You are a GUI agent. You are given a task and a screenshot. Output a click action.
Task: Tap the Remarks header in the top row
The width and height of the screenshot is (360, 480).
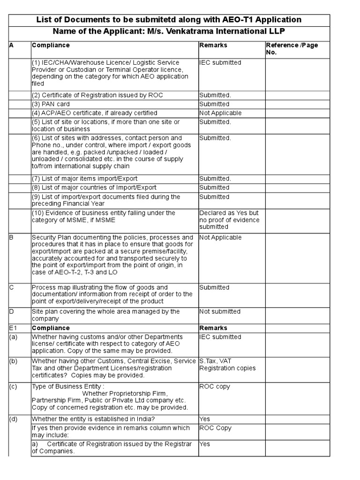point(213,45)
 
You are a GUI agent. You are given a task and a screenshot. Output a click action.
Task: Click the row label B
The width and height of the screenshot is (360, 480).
point(11,238)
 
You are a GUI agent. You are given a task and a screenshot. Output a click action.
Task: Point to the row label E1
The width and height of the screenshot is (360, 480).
point(13,328)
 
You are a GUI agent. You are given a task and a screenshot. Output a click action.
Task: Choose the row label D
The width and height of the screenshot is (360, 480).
point(11,312)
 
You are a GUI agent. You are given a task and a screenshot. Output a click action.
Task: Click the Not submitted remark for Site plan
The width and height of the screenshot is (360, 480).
point(220,312)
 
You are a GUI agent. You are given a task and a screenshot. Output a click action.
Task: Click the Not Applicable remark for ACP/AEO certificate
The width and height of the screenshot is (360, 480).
point(220,113)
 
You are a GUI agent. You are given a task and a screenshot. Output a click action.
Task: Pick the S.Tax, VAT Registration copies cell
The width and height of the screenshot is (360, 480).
point(227,365)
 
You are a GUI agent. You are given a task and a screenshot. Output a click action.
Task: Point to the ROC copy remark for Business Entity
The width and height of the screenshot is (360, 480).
point(215,387)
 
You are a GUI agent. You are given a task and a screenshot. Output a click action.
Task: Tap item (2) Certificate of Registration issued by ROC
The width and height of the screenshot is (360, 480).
point(97,95)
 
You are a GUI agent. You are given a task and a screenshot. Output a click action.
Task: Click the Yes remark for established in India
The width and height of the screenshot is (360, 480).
point(205,419)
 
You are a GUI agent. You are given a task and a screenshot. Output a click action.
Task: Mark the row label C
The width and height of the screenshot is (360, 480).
point(11,287)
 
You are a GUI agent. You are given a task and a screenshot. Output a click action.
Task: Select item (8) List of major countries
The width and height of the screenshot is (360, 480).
point(94,187)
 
